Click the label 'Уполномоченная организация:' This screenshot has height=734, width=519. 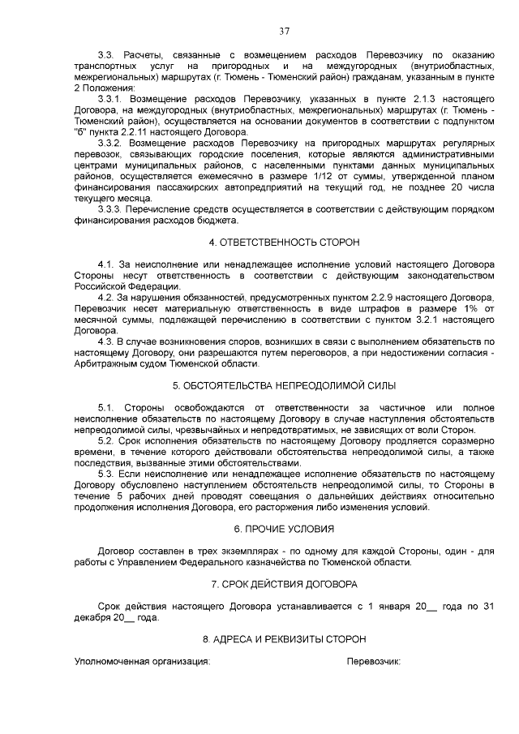coord(142,662)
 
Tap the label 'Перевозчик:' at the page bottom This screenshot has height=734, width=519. coord(374,662)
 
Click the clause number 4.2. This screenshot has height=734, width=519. coord(105,298)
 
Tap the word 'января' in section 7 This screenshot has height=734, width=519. coord(388,606)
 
